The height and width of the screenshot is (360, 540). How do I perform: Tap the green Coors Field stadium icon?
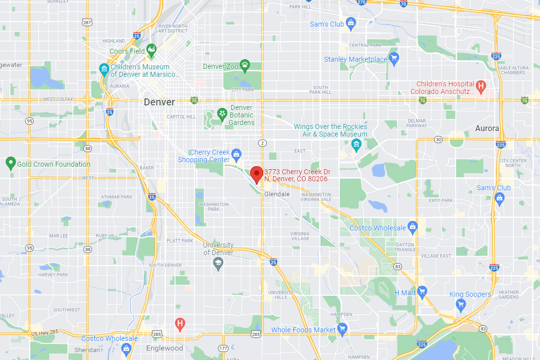pos(151,49)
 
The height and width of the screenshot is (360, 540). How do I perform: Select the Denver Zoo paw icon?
pos(245,64)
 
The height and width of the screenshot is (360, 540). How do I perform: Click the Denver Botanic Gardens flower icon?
pos(222,114)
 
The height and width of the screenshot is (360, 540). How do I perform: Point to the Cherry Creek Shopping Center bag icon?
pos(237,153)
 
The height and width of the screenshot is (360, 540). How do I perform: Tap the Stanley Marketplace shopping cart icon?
pos(394,58)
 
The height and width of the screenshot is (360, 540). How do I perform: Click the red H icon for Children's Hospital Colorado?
pos(481,86)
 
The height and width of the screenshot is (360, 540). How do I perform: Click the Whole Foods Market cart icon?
pos(343,329)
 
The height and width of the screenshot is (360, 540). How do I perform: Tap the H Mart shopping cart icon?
pos(421,291)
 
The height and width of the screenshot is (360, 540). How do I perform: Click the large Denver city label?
pos(159,102)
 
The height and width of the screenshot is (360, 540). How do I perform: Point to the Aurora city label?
pos(487,128)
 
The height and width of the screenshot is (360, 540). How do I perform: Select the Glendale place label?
pos(277,194)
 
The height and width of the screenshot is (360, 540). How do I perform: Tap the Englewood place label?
pos(164,348)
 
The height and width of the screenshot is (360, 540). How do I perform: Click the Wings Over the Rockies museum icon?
pos(356,146)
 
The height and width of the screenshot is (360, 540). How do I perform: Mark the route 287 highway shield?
pos(87,23)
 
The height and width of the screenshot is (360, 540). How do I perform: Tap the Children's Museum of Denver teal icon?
pos(104,69)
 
